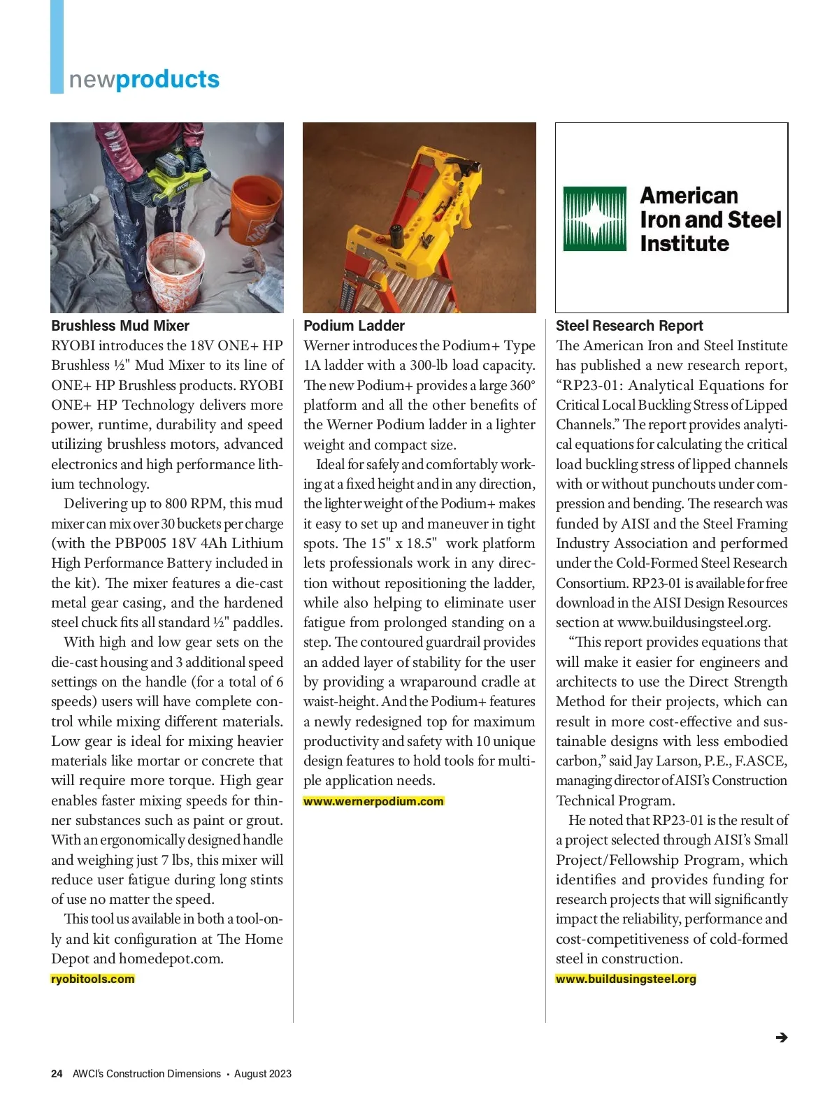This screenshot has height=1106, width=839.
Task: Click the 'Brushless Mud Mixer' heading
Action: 120,326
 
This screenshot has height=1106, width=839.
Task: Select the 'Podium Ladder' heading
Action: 354,326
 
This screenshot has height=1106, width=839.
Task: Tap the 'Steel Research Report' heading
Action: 629,326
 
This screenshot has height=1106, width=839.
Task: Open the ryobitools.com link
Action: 93,979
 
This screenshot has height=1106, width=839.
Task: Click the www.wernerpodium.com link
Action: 373,801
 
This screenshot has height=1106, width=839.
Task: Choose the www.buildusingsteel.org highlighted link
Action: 626,979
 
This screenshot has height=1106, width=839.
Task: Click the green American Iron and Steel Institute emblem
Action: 595,219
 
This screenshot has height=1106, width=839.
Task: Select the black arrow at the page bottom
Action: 782,1037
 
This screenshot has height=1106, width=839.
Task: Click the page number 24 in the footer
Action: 57,1074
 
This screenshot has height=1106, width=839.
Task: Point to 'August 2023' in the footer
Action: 262,1074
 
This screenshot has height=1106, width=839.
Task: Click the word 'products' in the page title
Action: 168,79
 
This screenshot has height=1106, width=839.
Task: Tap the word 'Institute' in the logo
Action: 684,243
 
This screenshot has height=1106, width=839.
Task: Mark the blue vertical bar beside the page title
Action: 57,46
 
